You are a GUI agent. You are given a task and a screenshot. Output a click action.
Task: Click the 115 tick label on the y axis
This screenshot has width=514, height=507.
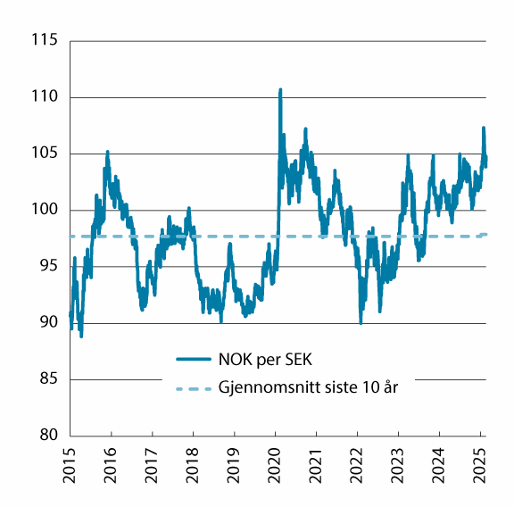pyautogui.click(x=42, y=41)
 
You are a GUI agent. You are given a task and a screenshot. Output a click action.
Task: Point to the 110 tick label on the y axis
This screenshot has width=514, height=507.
pyautogui.click(x=42, y=97)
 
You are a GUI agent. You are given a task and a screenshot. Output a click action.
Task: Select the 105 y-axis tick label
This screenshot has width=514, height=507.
pyautogui.click(x=42, y=154)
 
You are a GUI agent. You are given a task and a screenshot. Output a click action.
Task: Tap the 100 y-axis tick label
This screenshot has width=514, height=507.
pyautogui.click(x=42, y=210)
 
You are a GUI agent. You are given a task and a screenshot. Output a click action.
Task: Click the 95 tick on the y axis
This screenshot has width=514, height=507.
pyautogui.click(x=46, y=266)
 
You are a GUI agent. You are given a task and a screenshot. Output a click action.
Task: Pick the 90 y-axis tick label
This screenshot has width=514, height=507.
pyautogui.click(x=46, y=323)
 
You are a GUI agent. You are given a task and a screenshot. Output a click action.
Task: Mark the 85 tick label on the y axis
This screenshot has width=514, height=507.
pyautogui.click(x=46, y=379)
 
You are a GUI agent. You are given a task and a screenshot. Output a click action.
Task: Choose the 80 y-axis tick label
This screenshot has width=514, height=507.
pyautogui.click(x=46, y=436)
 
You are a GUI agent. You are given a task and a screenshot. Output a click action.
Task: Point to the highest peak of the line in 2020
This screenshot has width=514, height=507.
pyautogui.click(x=280, y=90)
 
